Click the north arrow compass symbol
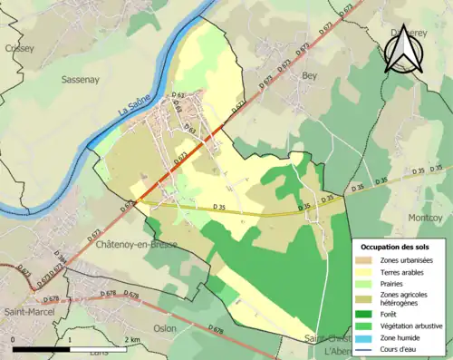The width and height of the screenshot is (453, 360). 403,45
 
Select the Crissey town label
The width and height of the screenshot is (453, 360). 19,48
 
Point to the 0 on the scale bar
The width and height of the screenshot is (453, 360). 14,339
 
